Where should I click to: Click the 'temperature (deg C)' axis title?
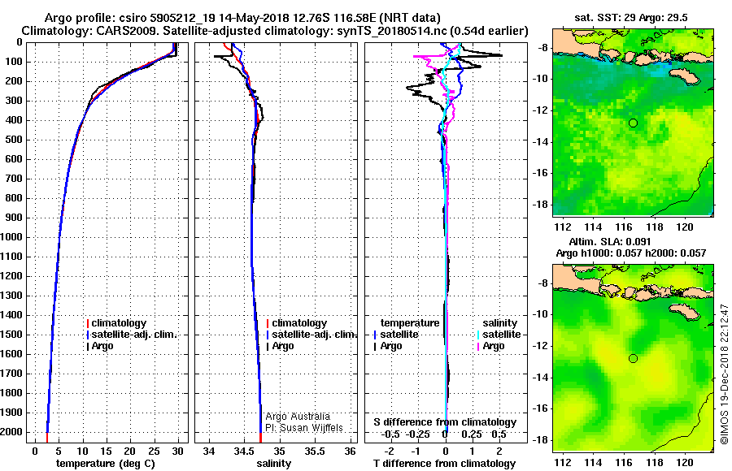click(106, 463)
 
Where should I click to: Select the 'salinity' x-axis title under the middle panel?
click(273, 463)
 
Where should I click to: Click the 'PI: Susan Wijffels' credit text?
click(303, 428)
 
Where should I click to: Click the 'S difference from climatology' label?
click(444, 422)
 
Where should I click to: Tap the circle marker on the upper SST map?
click(633, 123)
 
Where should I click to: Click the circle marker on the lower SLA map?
click(633, 358)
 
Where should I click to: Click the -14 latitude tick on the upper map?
click(541, 141)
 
